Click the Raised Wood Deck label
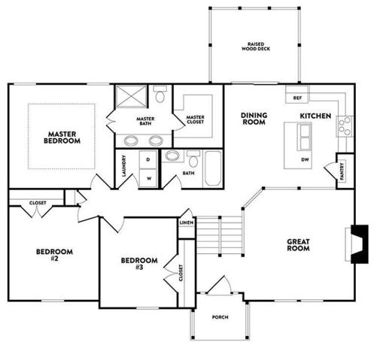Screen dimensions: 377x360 point(256,47)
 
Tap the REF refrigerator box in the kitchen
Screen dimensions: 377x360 point(297,95)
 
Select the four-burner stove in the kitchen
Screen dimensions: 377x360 point(345,126)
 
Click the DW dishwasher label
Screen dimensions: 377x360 point(305,159)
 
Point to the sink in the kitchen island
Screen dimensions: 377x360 point(304,137)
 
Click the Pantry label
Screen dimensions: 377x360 point(342,171)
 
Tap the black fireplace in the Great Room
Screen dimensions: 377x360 point(360,244)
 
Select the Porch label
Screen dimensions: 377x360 point(220,317)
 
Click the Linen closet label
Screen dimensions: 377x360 point(187,222)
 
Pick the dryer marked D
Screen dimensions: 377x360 point(148,159)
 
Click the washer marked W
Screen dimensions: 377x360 point(148,178)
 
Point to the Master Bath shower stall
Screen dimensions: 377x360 point(131,96)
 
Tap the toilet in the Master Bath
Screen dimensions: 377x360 point(160,94)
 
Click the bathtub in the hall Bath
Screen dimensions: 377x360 point(213,169)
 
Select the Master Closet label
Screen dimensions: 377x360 point(196,119)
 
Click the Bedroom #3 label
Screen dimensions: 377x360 point(139,264)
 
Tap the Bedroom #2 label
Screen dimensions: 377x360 point(54,255)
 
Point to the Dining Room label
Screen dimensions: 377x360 point(254,119)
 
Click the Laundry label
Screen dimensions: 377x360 point(123,166)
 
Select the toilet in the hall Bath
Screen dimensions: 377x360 point(193,159)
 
